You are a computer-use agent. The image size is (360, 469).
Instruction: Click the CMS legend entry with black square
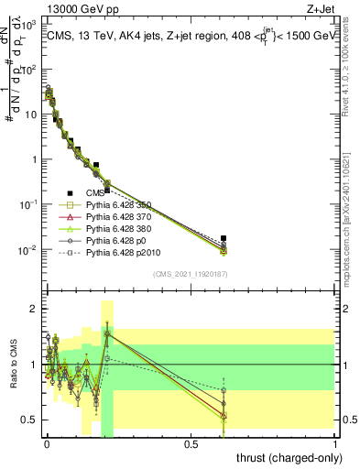(95, 193)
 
